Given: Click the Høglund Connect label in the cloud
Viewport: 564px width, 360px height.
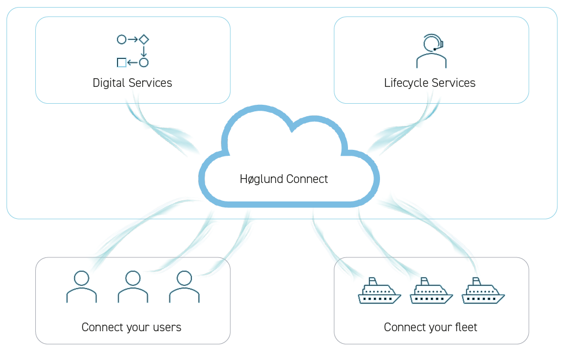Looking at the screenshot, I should [x=284, y=179].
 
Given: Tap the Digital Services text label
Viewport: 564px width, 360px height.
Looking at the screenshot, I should [x=132, y=83].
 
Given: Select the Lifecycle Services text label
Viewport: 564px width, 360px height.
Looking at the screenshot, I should [x=430, y=83].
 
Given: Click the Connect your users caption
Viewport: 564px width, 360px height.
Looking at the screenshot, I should [x=131, y=327].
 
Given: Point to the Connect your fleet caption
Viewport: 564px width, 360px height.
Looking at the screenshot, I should [x=430, y=327].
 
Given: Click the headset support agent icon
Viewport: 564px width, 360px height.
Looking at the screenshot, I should [x=432, y=51].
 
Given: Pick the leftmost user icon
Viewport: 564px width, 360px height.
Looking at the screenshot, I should [x=81, y=287].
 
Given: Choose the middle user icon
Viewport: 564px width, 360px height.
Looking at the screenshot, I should [x=133, y=287].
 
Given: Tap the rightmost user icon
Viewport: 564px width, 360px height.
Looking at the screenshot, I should [x=185, y=287].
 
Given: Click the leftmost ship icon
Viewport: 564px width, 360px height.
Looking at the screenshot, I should [x=379, y=292].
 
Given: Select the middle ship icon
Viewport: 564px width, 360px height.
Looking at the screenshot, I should [x=431, y=292].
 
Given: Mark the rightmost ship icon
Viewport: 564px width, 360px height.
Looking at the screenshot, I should [x=483, y=292].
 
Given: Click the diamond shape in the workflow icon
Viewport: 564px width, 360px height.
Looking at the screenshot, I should [x=144, y=39].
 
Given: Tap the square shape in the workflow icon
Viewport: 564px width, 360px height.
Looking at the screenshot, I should [x=122, y=62].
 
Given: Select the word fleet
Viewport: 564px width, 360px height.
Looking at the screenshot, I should [x=466, y=327].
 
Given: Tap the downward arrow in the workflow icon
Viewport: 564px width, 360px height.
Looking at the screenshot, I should [x=144, y=51].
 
